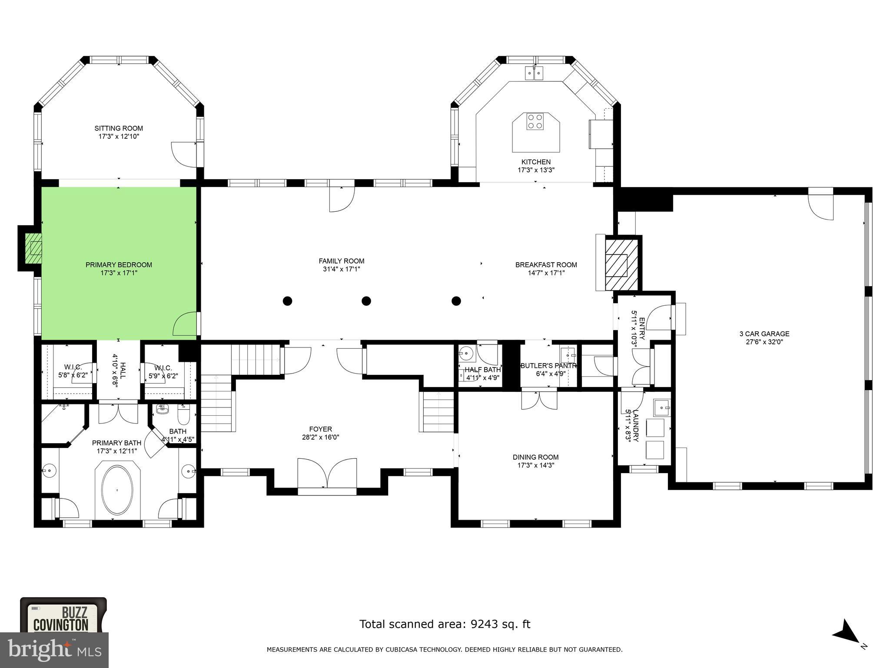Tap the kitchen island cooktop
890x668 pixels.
535,121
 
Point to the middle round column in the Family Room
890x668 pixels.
366,301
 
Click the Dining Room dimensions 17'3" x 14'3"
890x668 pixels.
535,465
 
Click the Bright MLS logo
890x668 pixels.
54,650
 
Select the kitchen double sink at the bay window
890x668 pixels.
535,73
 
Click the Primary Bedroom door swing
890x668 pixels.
184,324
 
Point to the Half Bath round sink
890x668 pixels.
465,353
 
